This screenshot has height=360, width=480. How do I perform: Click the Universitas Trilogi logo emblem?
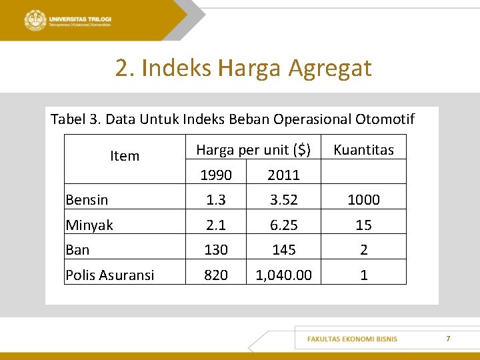35,20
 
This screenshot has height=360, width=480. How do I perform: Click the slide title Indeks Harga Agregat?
243,67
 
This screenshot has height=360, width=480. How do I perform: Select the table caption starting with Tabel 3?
232,119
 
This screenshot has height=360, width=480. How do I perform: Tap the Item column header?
125,156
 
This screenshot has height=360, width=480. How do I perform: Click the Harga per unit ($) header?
253,150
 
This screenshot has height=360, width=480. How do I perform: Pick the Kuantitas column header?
363,150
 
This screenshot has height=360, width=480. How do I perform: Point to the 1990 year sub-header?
216,175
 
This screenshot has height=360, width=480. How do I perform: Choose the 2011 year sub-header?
283,175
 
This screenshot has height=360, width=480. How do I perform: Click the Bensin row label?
87,200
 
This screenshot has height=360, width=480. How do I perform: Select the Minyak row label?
89,225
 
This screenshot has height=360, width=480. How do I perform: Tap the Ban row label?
77,250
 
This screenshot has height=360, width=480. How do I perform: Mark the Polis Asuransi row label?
110,275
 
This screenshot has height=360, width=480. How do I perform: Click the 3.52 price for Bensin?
283,200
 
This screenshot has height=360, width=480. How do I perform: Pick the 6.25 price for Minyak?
283,225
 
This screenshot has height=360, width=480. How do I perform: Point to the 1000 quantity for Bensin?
363,200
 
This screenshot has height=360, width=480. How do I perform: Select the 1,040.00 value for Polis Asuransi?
283,275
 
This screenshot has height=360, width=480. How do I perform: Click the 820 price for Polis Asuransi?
216,275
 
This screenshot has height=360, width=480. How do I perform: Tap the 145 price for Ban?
283,250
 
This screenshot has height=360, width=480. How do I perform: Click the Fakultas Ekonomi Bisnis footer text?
352,339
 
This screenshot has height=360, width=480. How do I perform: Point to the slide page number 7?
448,339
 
